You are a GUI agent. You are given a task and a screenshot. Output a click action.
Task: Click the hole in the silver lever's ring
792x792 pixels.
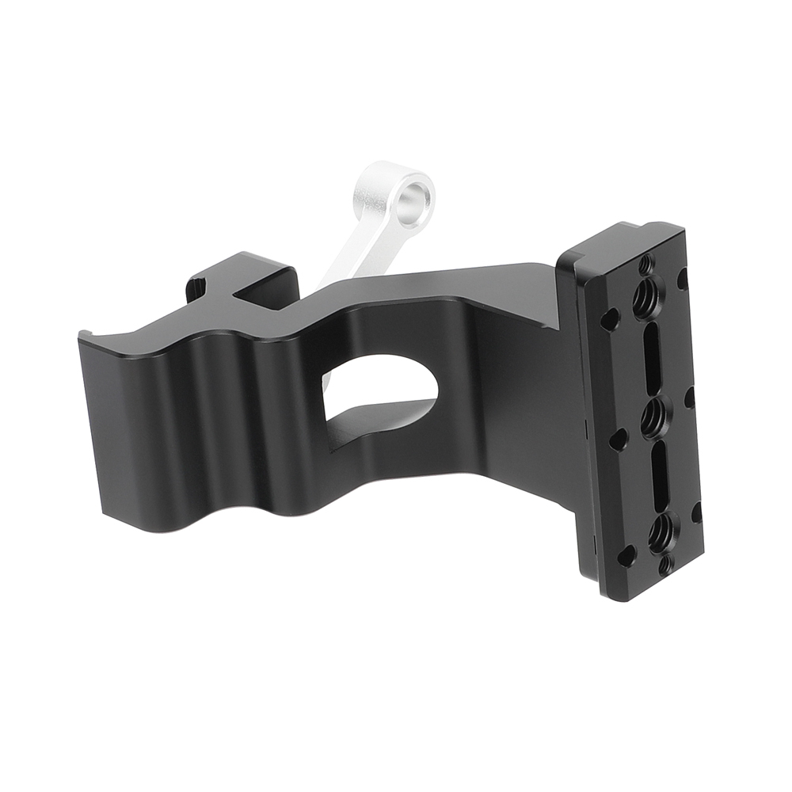416,192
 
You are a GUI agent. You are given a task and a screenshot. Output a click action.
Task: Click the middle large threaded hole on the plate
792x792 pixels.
653,416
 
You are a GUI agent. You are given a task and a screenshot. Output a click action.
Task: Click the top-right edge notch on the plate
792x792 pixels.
683,279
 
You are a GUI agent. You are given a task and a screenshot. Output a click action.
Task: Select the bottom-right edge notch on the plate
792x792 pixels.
696,511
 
